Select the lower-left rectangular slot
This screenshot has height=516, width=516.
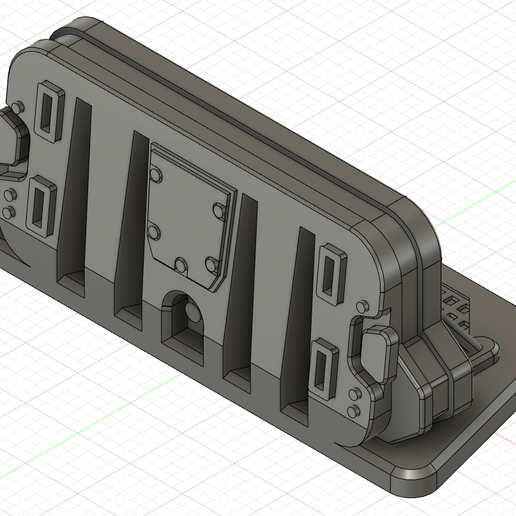click(41, 204)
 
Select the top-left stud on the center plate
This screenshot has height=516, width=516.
click(155, 174)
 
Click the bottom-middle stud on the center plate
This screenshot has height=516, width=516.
click(180, 265)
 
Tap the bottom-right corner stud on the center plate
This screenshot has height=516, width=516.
click(211, 263)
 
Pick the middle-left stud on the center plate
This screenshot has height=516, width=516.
click(153, 232)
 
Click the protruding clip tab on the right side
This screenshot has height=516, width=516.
click(372, 352)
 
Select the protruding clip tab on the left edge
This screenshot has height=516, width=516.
click(10, 140)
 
